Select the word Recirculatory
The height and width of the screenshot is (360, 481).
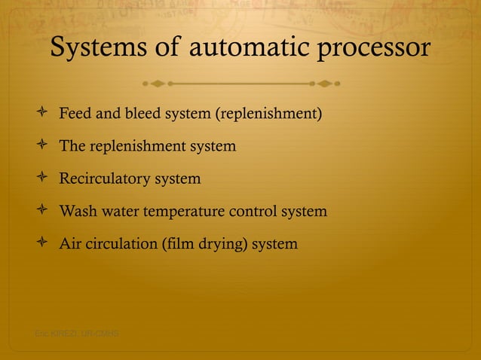click(x=104, y=179)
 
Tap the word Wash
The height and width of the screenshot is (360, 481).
click(x=76, y=212)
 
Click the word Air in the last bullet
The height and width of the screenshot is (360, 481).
click(x=70, y=245)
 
